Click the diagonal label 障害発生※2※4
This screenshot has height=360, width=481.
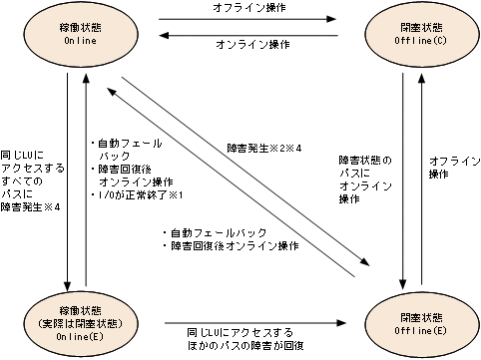click(266, 150)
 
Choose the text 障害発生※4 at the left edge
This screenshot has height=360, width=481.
click(33, 208)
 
